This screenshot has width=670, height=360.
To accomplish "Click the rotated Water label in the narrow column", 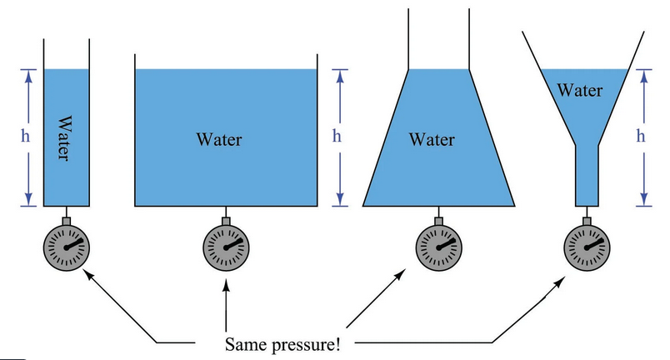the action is coord(63,137).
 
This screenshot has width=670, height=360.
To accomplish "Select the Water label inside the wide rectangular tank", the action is coord(219,140).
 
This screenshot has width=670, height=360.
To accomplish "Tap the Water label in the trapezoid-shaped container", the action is coord(432,140).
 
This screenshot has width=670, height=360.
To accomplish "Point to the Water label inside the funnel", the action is coord(580,90).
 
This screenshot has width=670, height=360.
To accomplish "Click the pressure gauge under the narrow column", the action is coord(67,247).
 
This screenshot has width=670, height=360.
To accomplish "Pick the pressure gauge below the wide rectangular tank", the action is coord(226,247).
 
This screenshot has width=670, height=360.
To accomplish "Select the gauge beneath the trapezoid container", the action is coord(439,247).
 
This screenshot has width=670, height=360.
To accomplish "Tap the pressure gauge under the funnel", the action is coord(587,247).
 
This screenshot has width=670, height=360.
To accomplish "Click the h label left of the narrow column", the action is coord(26,136).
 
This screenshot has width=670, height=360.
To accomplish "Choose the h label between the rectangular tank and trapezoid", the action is coord(337,136).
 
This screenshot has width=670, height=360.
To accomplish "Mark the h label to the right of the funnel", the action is coord(641,136).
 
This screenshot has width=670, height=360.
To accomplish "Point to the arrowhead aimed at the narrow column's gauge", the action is coord(87,273).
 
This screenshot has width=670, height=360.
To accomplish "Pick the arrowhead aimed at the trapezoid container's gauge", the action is coord(400,274).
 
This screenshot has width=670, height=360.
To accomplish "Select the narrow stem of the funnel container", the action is coord(587,176).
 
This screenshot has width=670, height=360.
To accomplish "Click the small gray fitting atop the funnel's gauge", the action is coord(587,221).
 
